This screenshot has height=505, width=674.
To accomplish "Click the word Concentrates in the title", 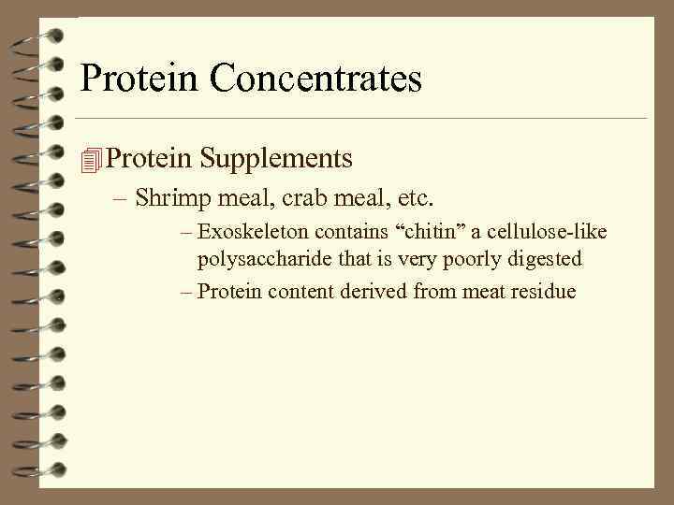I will (315, 79).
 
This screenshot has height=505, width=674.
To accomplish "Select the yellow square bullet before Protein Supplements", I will (90, 160).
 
